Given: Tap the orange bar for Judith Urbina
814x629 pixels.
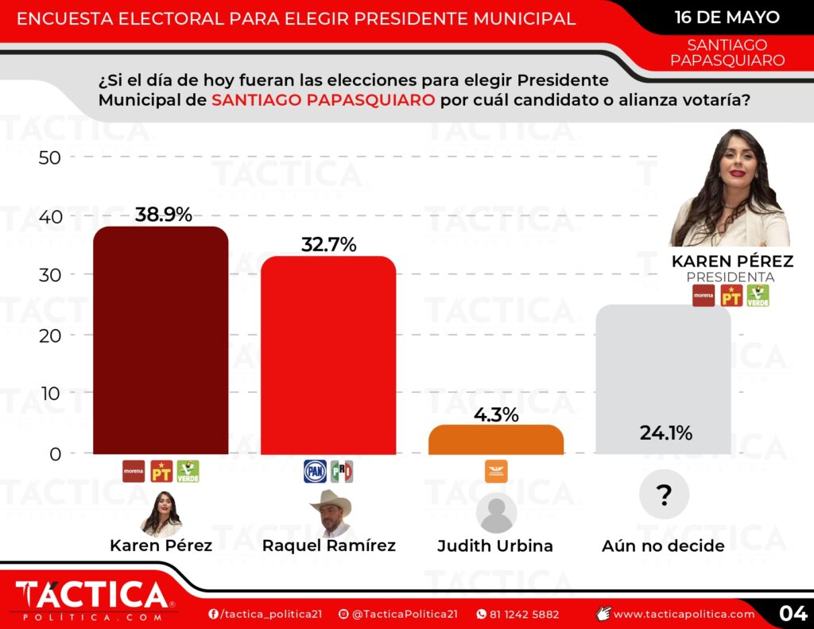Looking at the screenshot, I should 495,440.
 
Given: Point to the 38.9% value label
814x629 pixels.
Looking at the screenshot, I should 163,214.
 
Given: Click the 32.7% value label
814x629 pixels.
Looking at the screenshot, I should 328,244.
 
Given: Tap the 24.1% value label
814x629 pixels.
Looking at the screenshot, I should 665,433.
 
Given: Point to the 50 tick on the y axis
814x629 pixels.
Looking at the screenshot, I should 50,157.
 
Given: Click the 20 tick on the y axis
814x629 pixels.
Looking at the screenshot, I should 50,335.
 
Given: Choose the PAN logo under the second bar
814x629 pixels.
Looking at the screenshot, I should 315,472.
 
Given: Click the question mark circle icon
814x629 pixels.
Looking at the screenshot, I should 664,495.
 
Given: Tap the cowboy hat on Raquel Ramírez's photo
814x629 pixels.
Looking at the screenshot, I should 331,500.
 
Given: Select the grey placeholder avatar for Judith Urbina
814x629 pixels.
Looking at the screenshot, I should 496,513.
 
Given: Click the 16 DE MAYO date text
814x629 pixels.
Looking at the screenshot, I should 727,17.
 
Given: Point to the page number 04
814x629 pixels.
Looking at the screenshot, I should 793,613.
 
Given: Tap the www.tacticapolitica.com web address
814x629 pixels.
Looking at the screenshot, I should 684,614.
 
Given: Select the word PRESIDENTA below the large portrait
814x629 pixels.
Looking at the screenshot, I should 731,277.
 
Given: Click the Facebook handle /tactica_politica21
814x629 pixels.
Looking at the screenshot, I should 258,614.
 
